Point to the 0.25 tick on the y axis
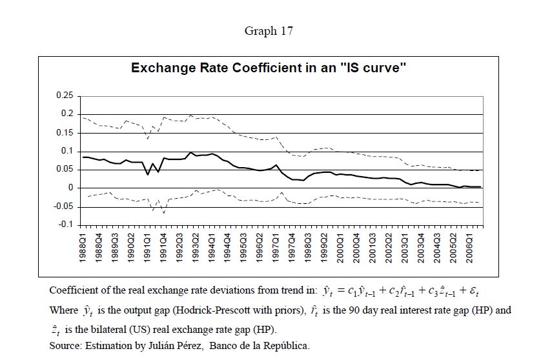coord(65,95)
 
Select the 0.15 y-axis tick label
coord(65,133)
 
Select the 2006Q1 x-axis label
coord(469,246)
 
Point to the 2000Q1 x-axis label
coord(340,246)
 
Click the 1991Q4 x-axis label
coord(163,246)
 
